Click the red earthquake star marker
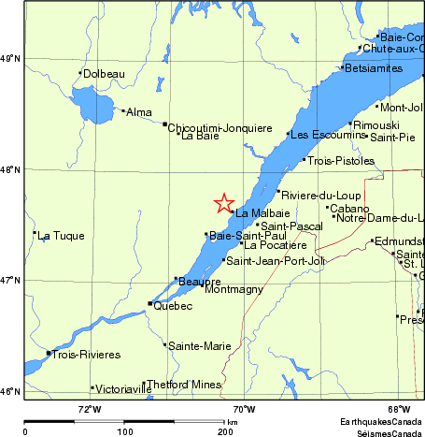224,203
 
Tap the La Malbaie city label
256,213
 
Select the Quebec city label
173,306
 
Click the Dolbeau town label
103,74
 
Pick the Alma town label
138,112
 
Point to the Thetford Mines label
185,385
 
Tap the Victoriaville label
117,388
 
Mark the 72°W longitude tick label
89,408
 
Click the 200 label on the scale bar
225,431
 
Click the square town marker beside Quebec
150,303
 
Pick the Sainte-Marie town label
199,346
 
